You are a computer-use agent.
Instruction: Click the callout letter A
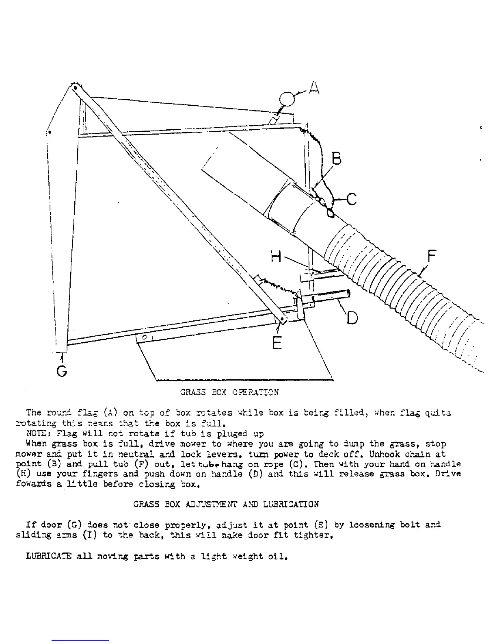(313, 88)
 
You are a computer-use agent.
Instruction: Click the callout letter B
(337, 159)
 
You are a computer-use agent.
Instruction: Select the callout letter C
(351, 200)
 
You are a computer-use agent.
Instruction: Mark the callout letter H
(276, 256)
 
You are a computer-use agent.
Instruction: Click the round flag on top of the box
(287, 99)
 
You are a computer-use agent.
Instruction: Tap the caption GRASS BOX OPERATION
(229, 392)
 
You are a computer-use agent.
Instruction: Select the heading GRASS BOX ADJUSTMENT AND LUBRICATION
(226, 505)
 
